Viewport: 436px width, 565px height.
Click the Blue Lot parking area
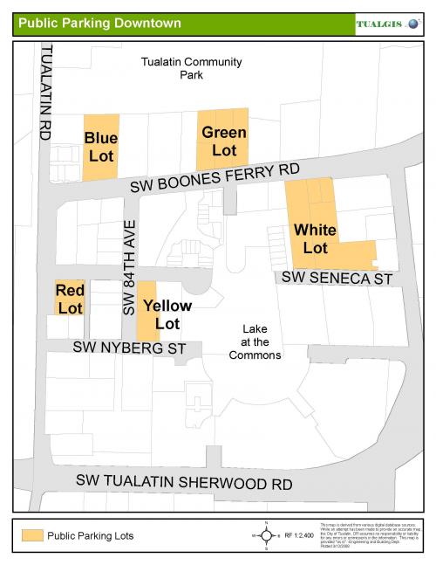(x=100, y=147)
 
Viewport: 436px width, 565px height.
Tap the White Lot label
(x=315, y=238)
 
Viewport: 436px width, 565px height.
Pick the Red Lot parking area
(x=70, y=298)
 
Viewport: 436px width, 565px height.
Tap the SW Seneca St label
(x=335, y=278)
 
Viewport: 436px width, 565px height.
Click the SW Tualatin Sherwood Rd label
(x=183, y=481)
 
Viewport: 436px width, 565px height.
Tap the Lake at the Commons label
(x=255, y=341)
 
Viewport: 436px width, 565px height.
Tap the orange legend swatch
(x=33, y=535)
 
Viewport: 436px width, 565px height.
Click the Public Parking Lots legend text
(x=91, y=535)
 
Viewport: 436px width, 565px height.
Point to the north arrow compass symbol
(x=265, y=534)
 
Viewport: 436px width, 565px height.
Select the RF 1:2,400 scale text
(x=299, y=534)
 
